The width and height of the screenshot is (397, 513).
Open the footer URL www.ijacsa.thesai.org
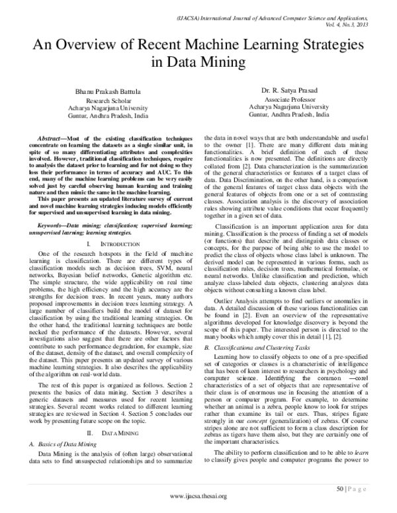[198, 496]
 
